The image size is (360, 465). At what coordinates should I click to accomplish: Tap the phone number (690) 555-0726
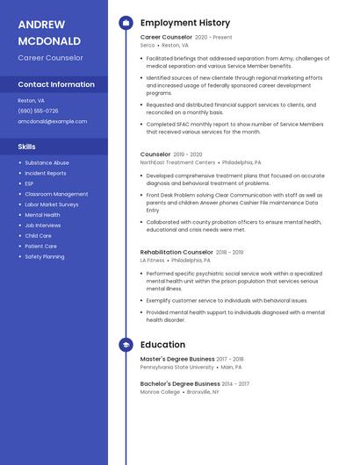coord(39,111)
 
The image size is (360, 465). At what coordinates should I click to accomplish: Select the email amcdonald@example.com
coord(53,122)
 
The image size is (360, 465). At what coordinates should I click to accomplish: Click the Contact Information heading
coord(56,85)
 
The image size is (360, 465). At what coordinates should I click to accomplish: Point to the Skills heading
coord(27,147)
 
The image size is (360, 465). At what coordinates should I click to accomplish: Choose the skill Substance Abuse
coord(47,162)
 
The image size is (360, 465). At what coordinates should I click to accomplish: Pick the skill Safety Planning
coord(45,257)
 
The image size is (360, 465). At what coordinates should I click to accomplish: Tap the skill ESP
coord(30,183)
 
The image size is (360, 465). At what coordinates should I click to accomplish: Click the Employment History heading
coord(185,23)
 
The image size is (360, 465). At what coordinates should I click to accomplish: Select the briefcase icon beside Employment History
coord(126,23)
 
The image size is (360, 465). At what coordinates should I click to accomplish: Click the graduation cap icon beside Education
coord(126,346)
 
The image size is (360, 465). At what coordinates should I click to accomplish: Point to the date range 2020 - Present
coord(213,38)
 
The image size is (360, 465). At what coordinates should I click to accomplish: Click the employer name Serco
coord(148,46)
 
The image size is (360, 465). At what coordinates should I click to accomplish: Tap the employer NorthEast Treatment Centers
coord(177,162)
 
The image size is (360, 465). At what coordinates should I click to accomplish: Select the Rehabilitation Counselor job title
coord(176,253)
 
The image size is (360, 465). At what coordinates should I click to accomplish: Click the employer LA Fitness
coord(152,261)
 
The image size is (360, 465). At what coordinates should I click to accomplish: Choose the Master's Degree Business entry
coord(177,359)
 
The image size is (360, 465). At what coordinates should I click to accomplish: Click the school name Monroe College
coord(158,391)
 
